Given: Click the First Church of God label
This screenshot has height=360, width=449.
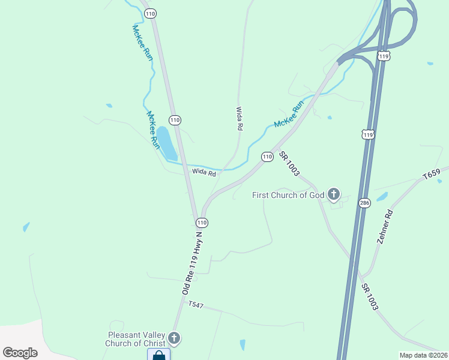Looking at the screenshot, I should click(288, 195).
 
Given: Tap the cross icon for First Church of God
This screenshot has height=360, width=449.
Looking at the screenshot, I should click(334, 194).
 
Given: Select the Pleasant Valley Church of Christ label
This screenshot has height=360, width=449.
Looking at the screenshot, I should click(136, 340).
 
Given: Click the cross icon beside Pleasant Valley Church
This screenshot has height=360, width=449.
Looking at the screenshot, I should click(174, 338).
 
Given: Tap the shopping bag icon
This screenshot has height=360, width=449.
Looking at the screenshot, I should click(158, 355).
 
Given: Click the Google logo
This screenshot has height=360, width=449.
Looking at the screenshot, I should click(20, 353).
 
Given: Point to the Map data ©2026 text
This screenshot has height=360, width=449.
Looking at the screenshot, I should click(423, 355).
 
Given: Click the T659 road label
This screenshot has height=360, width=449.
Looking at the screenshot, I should click(432, 175).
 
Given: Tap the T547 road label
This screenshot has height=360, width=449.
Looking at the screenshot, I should click(196, 305).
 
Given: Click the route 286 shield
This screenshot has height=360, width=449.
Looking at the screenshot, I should click(364, 203).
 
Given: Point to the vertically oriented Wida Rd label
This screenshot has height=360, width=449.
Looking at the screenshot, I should click(239, 119).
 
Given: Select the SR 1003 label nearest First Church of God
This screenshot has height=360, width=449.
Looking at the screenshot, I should click(289, 163).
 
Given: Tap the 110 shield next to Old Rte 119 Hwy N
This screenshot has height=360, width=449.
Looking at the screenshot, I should click(202, 223).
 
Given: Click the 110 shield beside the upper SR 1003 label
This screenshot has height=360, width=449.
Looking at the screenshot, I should click(267, 157).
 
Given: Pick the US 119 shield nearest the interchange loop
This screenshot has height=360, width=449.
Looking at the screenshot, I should click(384, 56).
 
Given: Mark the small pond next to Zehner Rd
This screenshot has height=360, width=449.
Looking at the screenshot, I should click(382, 196).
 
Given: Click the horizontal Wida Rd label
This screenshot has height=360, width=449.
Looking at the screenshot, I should click(203, 172).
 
